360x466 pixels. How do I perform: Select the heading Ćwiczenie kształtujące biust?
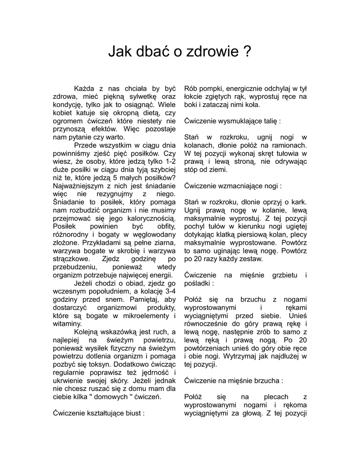click(x=99, y=414)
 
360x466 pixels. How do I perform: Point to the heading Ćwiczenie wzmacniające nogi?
click(x=233, y=186)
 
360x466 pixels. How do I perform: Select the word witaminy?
click(x=66, y=324)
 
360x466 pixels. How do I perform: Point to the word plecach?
click(x=275, y=397)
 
